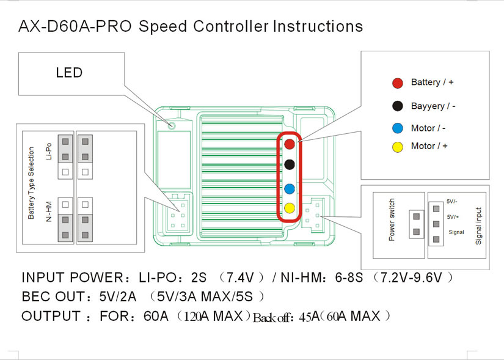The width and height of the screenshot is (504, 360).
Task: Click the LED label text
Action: (x=69, y=73)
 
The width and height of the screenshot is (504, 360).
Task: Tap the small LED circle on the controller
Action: (x=172, y=125)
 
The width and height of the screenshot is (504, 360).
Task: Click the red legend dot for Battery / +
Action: (x=398, y=83)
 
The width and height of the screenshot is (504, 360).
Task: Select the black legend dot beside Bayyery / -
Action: (x=398, y=106)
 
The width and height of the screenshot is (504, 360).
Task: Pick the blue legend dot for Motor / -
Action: (x=398, y=128)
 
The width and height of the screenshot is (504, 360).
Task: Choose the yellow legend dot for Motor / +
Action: (x=398, y=147)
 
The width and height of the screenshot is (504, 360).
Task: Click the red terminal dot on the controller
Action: (x=290, y=144)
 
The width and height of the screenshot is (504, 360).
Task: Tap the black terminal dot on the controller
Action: (x=290, y=164)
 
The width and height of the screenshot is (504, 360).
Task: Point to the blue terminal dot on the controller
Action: (x=290, y=189)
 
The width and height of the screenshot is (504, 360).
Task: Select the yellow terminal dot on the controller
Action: (x=290, y=208)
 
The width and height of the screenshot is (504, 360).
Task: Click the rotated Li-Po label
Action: (x=49, y=151)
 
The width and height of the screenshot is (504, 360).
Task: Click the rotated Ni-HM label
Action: (x=49, y=211)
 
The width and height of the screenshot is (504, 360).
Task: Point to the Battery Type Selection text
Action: (x=31, y=183)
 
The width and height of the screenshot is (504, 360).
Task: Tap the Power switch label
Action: (x=392, y=220)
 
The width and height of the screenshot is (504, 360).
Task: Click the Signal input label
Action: (x=478, y=226)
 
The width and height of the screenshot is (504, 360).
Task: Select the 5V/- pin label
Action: (x=452, y=202)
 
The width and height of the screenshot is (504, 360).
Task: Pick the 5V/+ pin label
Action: (x=453, y=217)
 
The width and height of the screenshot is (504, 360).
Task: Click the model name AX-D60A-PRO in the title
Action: (x=75, y=26)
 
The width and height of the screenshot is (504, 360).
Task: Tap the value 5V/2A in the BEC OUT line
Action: (x=118, y=296)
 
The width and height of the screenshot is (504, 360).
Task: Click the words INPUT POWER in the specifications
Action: (x=72, y=277)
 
